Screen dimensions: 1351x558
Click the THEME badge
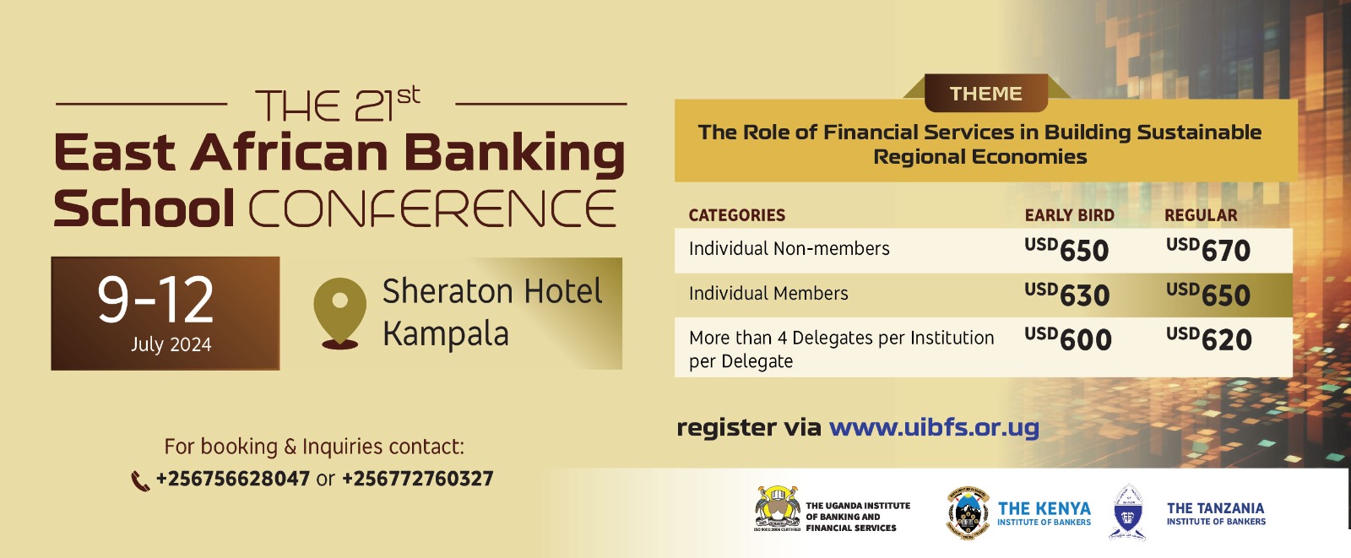click(986, 94)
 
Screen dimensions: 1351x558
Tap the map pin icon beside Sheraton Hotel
click(340, 312)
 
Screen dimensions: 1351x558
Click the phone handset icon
click(140, 481)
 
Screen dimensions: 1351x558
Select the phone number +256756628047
click(233, 479)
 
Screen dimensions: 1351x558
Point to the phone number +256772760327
click(417, 479)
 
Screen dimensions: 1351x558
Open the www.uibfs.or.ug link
click(934, 427)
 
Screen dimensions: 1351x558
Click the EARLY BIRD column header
click(1069, 215)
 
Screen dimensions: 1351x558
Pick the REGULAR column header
click(1200, 215)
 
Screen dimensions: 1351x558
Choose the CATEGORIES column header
click(737, 215)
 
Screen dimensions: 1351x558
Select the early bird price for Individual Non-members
click(1066, 250)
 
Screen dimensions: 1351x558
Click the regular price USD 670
click(1208, 250)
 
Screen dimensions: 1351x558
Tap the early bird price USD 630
click(1067, 295)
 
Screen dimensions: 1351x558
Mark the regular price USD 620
click(1208, 339)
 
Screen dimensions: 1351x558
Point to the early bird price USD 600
click(1067, 339)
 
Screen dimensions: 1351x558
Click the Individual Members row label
click(768, 294)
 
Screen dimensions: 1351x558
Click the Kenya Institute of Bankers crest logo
click(968, 512)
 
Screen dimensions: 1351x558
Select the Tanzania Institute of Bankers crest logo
click(1128, 512)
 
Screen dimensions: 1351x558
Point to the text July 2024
click(171, 344)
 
